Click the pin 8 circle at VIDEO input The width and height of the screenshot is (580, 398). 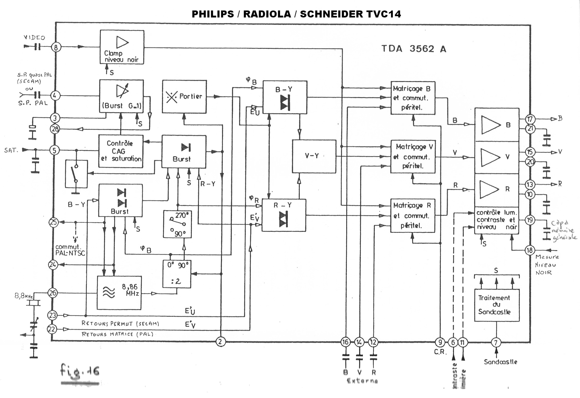[x=56, y=47]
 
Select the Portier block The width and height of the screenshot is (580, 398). [x=184, y=97]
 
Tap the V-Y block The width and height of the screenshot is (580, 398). [x=314, y=156]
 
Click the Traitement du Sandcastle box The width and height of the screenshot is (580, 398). [x=497, y=305]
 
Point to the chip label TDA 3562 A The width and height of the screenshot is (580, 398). [x=414, y=49]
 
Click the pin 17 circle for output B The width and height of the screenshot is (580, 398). [x=530, y=119]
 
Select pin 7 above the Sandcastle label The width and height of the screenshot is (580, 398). [x=496, y=343]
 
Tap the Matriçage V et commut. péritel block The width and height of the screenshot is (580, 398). [x=413, y=157]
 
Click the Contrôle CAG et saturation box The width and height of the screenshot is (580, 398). [x=121, y=151]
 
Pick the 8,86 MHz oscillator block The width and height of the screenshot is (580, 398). [x=119, y=293]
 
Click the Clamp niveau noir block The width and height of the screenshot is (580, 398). [x=122, y=47]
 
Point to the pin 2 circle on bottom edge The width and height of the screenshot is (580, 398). [x=220, y=342]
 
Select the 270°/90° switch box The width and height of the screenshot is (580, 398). [x=177, y=224]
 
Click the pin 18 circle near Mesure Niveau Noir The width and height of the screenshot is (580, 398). [x=530, y=250]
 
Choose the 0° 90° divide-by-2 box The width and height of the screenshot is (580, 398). [x=177, y=274]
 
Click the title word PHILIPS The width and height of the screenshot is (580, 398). [x=213, y=14]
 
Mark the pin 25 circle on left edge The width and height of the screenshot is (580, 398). [x=54, y=222]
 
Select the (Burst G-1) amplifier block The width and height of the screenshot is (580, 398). [x=121, y=96]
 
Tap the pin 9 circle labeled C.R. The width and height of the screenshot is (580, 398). [x=440, y=342]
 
